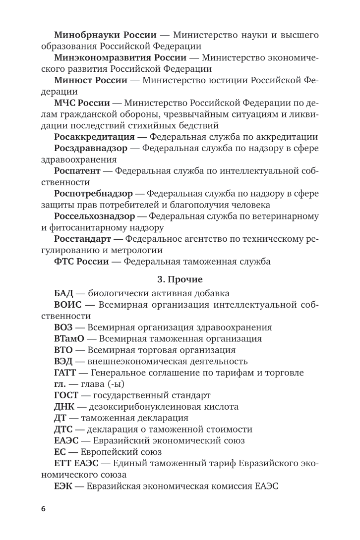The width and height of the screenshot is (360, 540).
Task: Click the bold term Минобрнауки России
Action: pos(105,35)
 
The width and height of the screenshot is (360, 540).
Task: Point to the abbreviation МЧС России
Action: pos(81,103)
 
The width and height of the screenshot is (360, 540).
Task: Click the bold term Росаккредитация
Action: pos(94,137)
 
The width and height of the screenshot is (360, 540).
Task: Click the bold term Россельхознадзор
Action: pos(94,216)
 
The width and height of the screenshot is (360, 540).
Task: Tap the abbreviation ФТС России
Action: pos(81,262)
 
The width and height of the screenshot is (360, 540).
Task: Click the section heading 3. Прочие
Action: pos(180,280)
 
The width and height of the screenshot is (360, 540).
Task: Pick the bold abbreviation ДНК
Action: pos(64,407)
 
